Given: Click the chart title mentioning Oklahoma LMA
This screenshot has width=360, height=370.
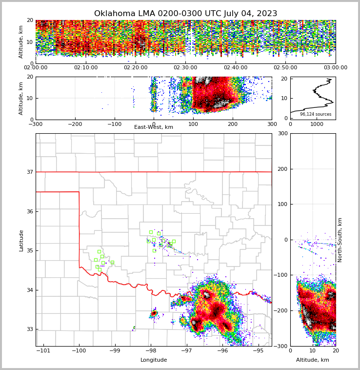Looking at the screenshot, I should pos(185,14).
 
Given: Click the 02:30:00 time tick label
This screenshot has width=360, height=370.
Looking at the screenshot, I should pos(185,68).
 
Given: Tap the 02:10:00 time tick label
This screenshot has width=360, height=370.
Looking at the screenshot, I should pos(85,68).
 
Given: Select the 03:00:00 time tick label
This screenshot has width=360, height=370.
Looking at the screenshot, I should pos(335,68).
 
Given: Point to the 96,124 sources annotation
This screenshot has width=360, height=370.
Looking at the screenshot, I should pos(315,114).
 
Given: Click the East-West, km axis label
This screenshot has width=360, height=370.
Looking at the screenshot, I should pos(154,127).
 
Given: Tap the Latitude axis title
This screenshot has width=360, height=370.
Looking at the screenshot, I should pos(21,240).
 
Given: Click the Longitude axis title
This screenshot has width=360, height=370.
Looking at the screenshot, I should pos(154,360).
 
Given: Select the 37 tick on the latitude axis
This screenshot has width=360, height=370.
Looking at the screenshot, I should pos(30,172).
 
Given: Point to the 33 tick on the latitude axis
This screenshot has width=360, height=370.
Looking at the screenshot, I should pos(30,329).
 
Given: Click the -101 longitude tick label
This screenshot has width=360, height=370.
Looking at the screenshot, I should pos(43,351).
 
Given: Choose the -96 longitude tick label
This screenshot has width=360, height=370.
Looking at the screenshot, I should pos(222,351).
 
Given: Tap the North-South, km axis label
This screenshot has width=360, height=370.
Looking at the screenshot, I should pos(340,240).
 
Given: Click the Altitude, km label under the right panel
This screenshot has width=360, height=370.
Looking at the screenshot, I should pos(313,360).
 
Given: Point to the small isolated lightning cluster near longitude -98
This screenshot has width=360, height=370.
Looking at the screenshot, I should pos(154,313).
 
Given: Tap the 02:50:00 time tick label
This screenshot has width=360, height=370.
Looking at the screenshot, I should pos(285,68).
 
